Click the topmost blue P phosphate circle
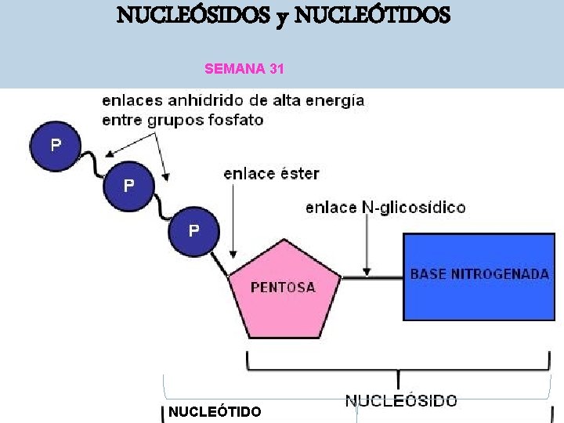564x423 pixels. click(x=55, y=146)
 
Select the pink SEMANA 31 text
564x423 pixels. click(x=244, y=69)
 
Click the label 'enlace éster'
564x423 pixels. click(x=271, y=173)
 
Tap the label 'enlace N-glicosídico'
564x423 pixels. click(x=385, y=208)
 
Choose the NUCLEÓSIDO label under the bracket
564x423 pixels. click(x=401, y=400)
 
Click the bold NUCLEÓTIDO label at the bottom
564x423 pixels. click(x=215, y=411)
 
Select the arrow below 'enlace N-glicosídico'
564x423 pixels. click(x=366, y=247)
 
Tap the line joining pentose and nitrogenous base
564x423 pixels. click(x=372, y=277)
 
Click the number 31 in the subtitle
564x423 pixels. click(x=276, y=69)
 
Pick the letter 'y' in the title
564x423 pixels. click(x=279, y=16)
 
